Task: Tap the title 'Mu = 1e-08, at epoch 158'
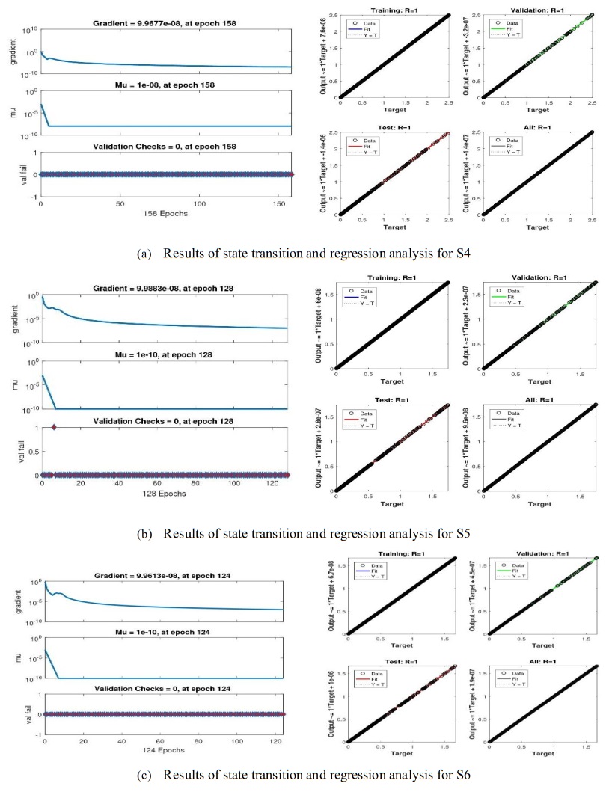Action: pyautogui.click(x=165, y=85)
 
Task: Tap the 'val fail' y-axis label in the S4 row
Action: pyautogui.click(x=13, y=174)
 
